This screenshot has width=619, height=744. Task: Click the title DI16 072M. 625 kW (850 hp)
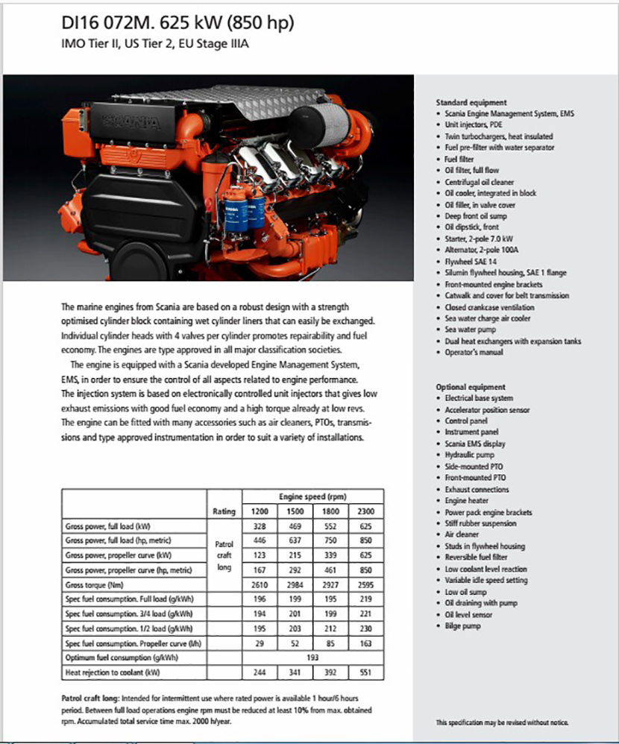click(178, 23)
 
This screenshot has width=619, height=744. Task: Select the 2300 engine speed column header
click(365, 511)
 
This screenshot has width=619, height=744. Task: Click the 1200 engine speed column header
click(260, 511)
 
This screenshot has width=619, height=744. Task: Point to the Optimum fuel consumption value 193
click(313, 658)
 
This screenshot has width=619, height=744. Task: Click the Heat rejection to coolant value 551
click(365, 673)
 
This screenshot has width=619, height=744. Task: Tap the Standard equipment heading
click(471, 102)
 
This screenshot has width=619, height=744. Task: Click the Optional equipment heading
click(470, 387)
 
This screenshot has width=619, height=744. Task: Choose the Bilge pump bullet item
click(462, 626)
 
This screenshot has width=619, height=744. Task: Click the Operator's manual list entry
click(474, 353)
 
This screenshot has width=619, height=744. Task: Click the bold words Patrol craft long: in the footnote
click(89, 699)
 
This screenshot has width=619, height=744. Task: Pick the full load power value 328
click(260, 527)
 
